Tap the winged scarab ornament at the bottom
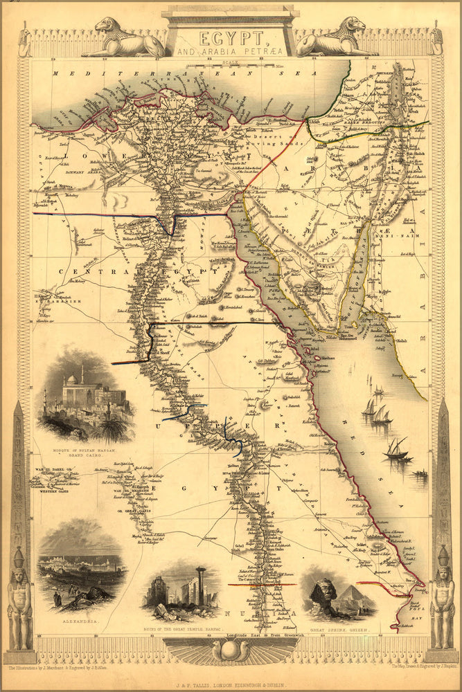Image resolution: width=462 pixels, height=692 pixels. (231, 650)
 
